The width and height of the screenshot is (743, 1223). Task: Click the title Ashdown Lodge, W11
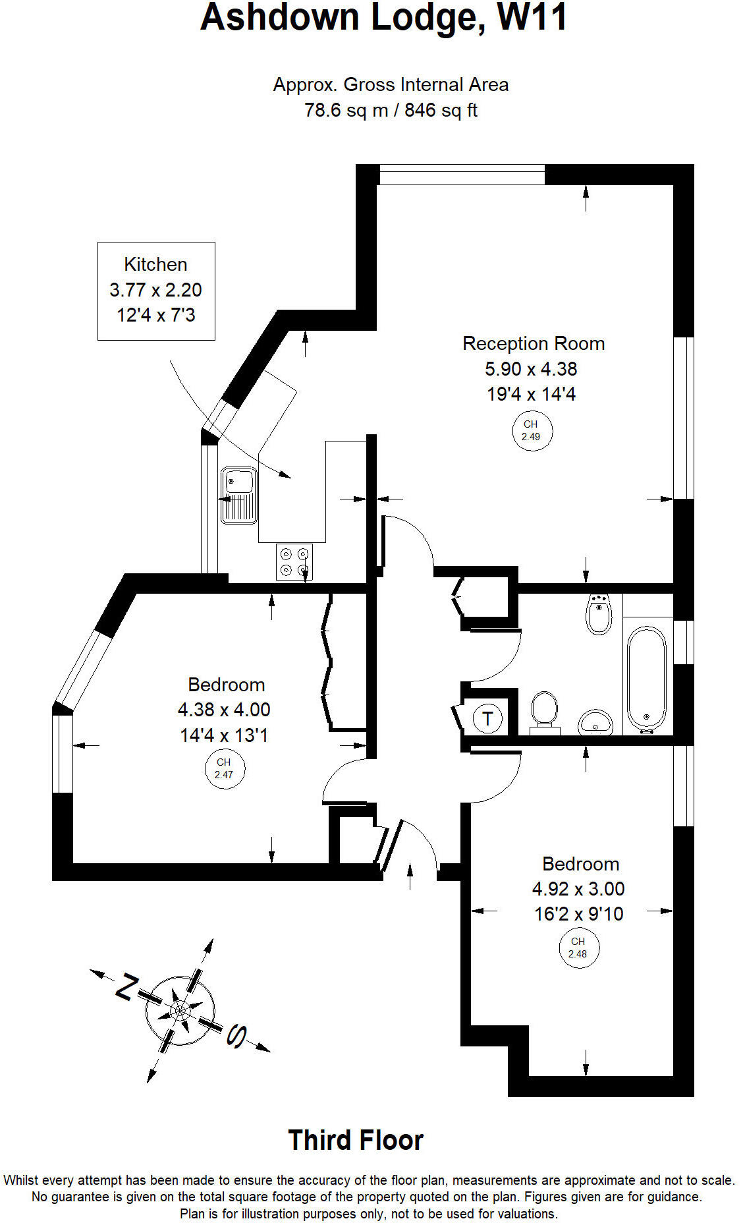tap(383, 18)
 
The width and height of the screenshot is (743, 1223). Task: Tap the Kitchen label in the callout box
tap(155, 264)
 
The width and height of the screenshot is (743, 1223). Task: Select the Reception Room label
tap(533, 343)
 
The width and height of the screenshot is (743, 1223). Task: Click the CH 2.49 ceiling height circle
tap(531, 431)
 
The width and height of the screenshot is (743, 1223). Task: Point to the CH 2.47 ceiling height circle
tap(224, 768)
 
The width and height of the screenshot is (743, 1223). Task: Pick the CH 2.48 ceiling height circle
tap(578, 948)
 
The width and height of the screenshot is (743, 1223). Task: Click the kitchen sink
tap(238, 495)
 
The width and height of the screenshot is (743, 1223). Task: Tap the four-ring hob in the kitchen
tap(294, 561)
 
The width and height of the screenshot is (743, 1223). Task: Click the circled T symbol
tap(487, 718)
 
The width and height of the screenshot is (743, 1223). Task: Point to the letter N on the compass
tap(126, 986)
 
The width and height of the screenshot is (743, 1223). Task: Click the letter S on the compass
tap(236, 1037)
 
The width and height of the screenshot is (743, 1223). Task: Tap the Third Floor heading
tap(356, 1140)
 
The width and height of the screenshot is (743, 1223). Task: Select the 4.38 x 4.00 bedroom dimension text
tap(224, 710)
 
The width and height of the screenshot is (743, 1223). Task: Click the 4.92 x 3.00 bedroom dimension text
tap(578, 889)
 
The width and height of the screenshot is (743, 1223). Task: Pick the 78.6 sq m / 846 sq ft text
tap(391, 110)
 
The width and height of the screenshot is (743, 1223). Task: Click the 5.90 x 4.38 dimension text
tap(531, 369)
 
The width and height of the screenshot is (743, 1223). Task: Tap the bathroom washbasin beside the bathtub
tap(595, 722)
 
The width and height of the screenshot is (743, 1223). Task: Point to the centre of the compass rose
tap(180, 1010)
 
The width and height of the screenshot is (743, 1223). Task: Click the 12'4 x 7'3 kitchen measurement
tap(156, 315)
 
